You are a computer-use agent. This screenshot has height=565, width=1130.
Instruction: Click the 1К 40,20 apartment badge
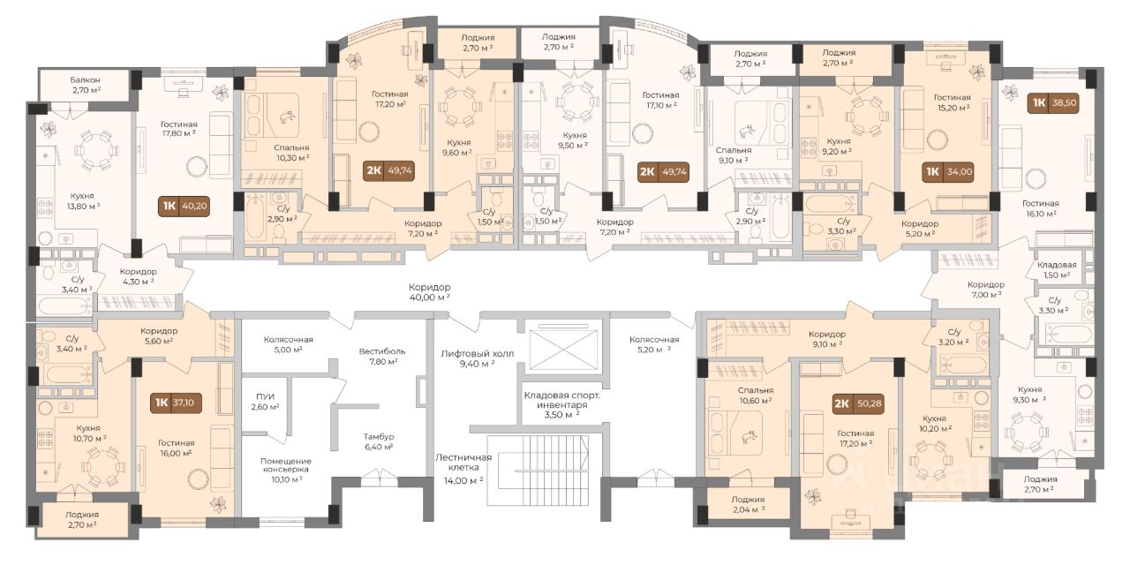[184, 207]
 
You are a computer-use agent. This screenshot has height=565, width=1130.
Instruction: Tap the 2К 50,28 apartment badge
[857, 404]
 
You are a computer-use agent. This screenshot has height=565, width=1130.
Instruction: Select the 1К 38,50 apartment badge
[1054, 103]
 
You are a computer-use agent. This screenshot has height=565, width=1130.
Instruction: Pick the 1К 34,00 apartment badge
[948, 172]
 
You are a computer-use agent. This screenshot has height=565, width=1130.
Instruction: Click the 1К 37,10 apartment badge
[176, 403]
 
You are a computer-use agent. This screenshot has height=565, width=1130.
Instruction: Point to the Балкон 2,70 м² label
[86, 85]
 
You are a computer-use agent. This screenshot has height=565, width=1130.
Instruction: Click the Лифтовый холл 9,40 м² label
[477, 358]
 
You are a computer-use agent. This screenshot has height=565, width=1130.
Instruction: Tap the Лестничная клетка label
[463, 462]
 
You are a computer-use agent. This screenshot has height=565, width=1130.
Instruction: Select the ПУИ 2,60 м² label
[266, 402]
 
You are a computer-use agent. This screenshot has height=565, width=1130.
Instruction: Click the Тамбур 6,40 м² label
[379, 441]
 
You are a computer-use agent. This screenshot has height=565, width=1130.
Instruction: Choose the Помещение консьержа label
[285, 465]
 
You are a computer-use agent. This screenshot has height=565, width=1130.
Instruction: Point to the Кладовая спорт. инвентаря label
[562, 400]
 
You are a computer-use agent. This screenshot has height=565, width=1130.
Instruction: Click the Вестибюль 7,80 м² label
[382, 356]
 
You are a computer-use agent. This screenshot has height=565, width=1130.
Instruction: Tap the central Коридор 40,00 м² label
[429, 292]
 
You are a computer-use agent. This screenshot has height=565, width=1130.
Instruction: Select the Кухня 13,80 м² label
[82, 200]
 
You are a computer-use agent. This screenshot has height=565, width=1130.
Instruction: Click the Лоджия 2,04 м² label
[748, 504]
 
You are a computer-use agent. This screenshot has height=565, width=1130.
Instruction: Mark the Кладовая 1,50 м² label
[1057, 270]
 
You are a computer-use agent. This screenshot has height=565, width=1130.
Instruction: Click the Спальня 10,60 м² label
[755, 395]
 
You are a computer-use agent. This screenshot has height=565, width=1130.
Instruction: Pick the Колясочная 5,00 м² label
[288, 344]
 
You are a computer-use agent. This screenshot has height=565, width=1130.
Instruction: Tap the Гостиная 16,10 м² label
[1040, 208]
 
